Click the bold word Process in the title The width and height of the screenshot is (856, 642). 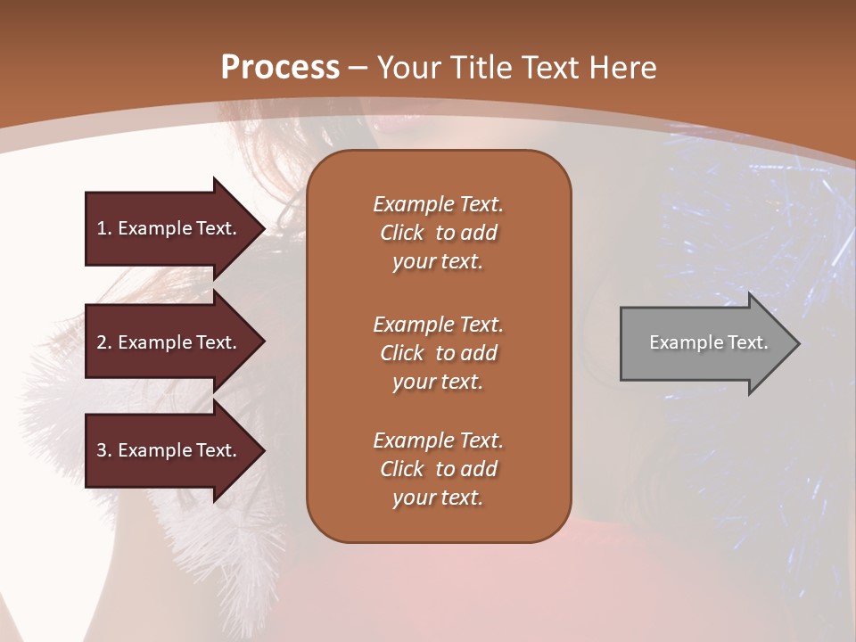[x=280, y=68]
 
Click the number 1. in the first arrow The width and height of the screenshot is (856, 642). [x=104, y=228]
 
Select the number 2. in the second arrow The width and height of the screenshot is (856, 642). [x=104, y=342]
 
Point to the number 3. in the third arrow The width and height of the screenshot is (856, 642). [x=104, y=450]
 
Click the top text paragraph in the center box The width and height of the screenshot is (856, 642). [x=438, y=233]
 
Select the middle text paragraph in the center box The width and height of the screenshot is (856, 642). [x=438, y=353]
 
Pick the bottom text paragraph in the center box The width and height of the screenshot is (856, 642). [x=438, y=469]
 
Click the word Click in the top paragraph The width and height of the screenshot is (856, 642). [x=402, y=233]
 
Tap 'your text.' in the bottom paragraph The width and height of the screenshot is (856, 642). [x=438, y=498]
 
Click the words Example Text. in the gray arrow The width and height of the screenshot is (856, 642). [x=708, y=342]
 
